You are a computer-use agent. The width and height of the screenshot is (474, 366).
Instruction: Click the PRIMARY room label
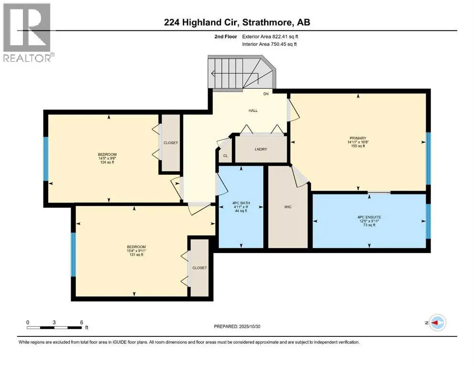[358, 138]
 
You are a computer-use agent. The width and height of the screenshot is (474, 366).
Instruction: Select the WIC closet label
[287, 207]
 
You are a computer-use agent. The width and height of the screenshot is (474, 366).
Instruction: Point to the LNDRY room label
[261, 149]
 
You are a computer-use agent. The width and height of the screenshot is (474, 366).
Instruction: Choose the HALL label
[253, 111]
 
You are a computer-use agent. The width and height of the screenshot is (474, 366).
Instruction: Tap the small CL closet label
[225, 156]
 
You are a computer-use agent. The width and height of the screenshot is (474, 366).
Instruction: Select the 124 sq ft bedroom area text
[106, 163]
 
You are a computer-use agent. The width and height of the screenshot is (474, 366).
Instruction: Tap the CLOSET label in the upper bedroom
[170, 142]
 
